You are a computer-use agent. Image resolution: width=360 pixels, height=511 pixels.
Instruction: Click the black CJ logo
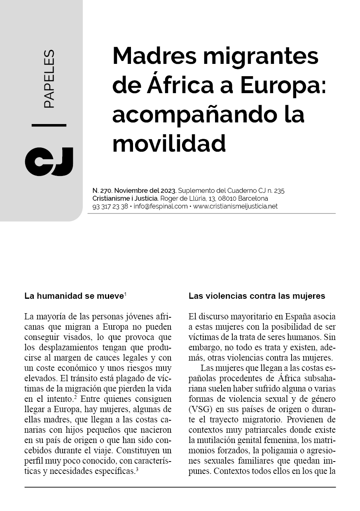tap(49, 162)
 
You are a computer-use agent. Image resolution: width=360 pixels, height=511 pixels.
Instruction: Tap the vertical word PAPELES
tap(49, 79)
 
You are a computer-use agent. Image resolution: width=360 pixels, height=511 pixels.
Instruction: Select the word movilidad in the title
tap(169, 143)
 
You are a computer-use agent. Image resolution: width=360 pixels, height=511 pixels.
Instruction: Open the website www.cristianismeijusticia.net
tap(235, 206)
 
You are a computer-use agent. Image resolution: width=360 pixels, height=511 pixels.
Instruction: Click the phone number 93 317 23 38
tap(110, 206)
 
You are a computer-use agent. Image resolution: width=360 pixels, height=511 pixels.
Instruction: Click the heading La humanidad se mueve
tap(74, 296)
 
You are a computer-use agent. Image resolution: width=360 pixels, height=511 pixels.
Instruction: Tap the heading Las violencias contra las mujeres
tap(257, 296)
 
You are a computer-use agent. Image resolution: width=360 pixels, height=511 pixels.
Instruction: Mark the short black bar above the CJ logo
tap(49, 124)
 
